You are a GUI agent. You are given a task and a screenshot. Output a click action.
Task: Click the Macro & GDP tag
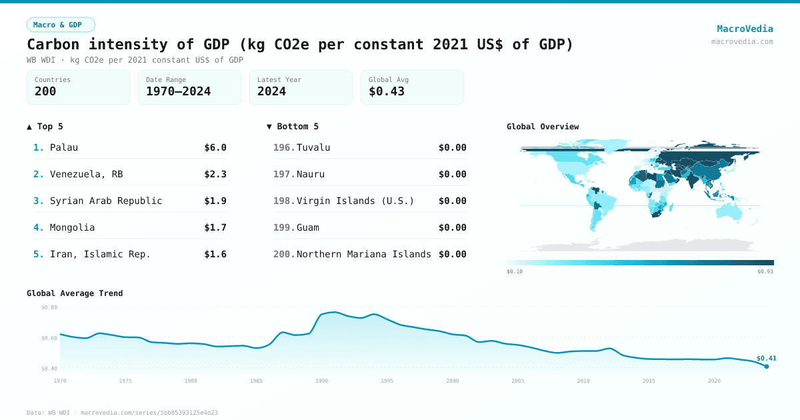(x=61, y=25)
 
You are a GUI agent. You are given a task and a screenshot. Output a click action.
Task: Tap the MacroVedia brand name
(x=745, y=29)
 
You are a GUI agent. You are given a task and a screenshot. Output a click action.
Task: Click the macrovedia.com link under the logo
(x=742, y=41)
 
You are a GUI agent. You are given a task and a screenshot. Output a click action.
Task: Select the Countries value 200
(x=45, y=91)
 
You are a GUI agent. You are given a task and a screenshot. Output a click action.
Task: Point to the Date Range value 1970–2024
(x=178, y=91)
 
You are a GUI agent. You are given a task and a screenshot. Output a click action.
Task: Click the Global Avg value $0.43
(x=387, y=91)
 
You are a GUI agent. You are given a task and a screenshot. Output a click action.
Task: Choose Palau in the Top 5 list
(x=64, y=147)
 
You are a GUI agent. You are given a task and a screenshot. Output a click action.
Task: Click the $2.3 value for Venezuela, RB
(x=215, y=174)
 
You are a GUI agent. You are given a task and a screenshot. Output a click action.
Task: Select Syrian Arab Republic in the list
(x=106, y=201)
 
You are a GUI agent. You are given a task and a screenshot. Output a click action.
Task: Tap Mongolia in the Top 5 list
(x=72, y=227)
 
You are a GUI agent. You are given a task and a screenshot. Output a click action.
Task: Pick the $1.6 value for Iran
(x=215, y=254)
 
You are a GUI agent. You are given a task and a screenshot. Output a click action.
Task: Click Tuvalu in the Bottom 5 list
(x=313, y=147)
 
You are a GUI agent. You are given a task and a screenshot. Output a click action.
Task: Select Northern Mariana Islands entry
(x=364, y=254)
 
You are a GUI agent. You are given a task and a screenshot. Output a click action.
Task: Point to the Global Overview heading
(x=543, y=127)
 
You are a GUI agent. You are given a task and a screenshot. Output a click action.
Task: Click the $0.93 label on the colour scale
(x=765, y=271)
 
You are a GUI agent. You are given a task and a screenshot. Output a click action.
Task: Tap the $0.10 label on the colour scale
(x=515, y=271)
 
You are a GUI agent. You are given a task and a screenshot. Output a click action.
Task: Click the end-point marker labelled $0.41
(x=767, y=366)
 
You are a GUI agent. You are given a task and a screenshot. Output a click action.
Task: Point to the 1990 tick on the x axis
(x=322, y=381)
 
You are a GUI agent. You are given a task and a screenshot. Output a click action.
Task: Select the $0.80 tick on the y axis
(x=49, y=307)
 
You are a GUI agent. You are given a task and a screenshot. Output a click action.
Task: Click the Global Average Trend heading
(x=75, y=293)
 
